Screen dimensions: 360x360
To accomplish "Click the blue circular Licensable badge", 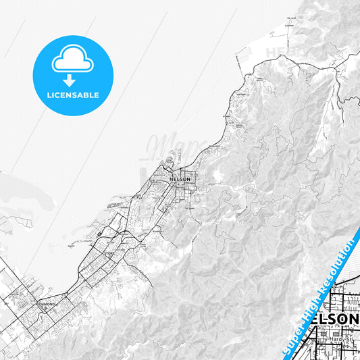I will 73,75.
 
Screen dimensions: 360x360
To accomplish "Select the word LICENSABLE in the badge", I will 73,95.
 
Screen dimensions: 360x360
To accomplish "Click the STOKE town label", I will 110,253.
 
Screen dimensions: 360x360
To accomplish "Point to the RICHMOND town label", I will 46,304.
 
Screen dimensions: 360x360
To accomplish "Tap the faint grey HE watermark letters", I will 276,51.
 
